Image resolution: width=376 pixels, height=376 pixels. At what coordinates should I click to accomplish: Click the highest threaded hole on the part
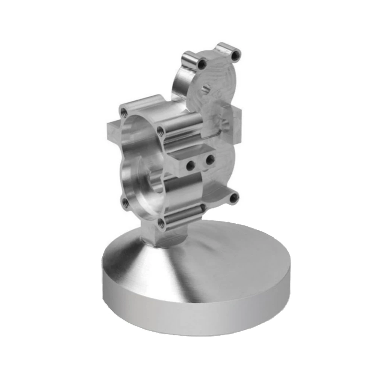coord(236,56)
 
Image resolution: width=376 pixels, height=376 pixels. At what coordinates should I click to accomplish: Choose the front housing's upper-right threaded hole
coord(161,130)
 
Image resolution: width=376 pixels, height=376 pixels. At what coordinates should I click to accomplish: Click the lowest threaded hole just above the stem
coord(161,223)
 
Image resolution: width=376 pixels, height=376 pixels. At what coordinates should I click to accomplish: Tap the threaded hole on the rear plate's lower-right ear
coord(234,197)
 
